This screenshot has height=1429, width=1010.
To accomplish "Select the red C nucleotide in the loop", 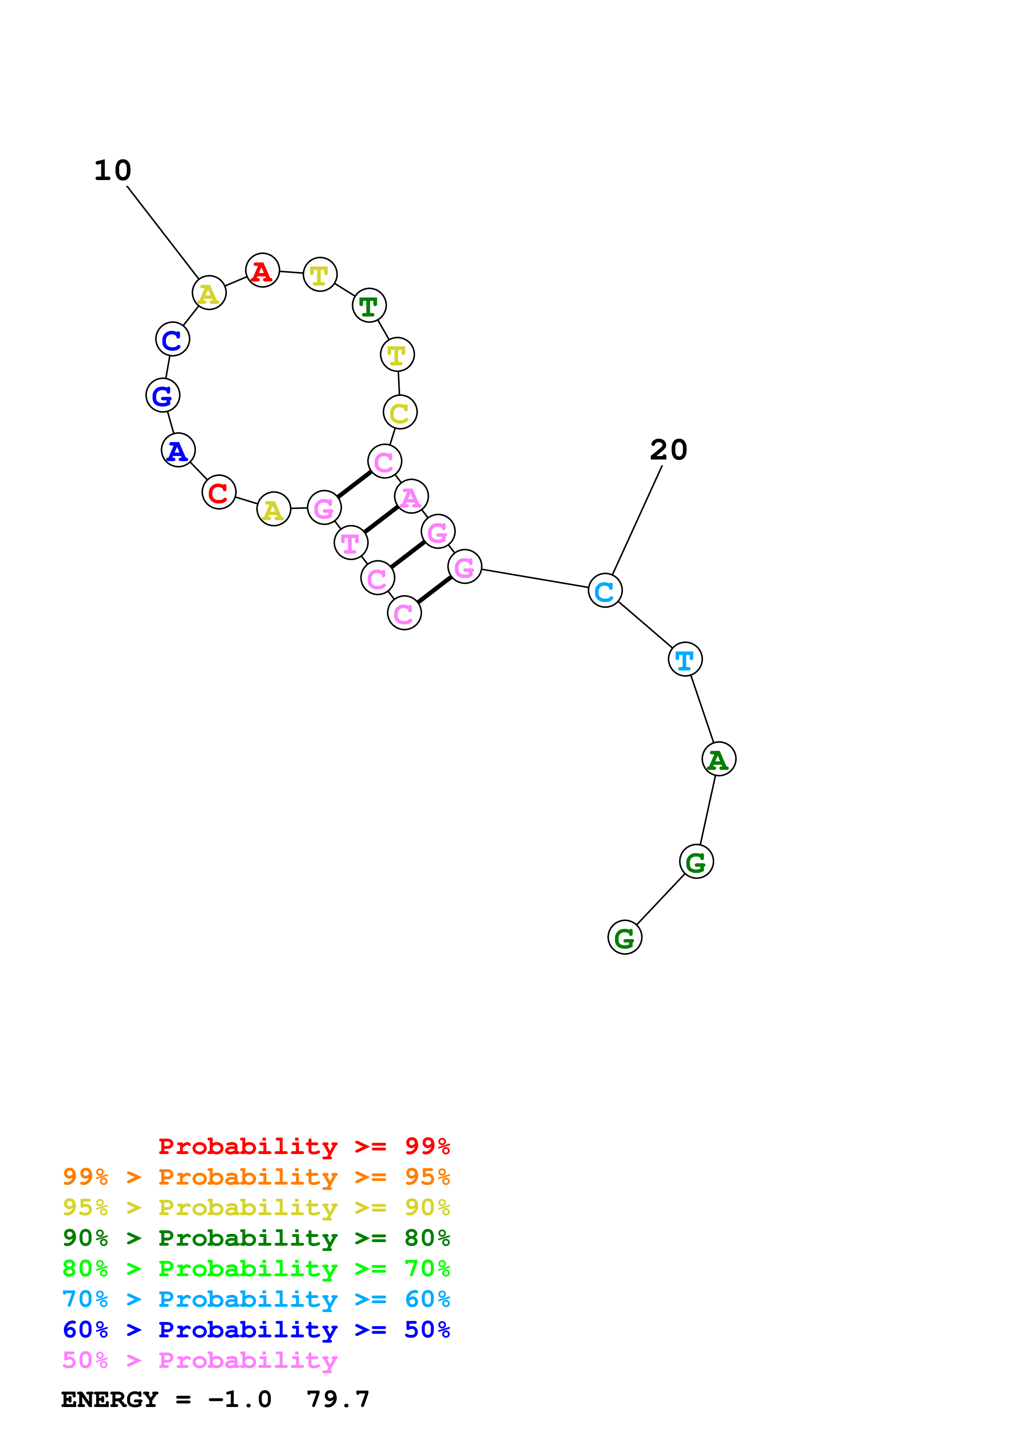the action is click(218, 492).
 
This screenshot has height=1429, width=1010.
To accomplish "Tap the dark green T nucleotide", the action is click(369, 306).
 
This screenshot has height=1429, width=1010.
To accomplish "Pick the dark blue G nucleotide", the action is click(163, 395).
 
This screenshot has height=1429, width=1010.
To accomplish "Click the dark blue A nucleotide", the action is click(178, 451).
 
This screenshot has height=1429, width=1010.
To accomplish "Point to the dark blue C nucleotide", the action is click(172, 339).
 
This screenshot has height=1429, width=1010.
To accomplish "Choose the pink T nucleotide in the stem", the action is click(350, 543).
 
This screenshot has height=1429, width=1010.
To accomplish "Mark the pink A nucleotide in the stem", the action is click(411, 497).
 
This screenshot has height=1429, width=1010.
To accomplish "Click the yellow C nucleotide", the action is click(400, 412).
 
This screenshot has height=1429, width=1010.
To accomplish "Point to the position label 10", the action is click(112, 171).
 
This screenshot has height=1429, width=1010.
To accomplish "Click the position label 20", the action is click(668, 450).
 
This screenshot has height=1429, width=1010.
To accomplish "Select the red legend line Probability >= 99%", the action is click(304, 1146).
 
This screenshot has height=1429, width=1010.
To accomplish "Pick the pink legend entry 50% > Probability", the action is click(200, 1361).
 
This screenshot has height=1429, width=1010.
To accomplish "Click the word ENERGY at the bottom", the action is click(110, 1400).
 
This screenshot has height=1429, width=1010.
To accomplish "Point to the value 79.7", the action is click(338, 1400).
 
